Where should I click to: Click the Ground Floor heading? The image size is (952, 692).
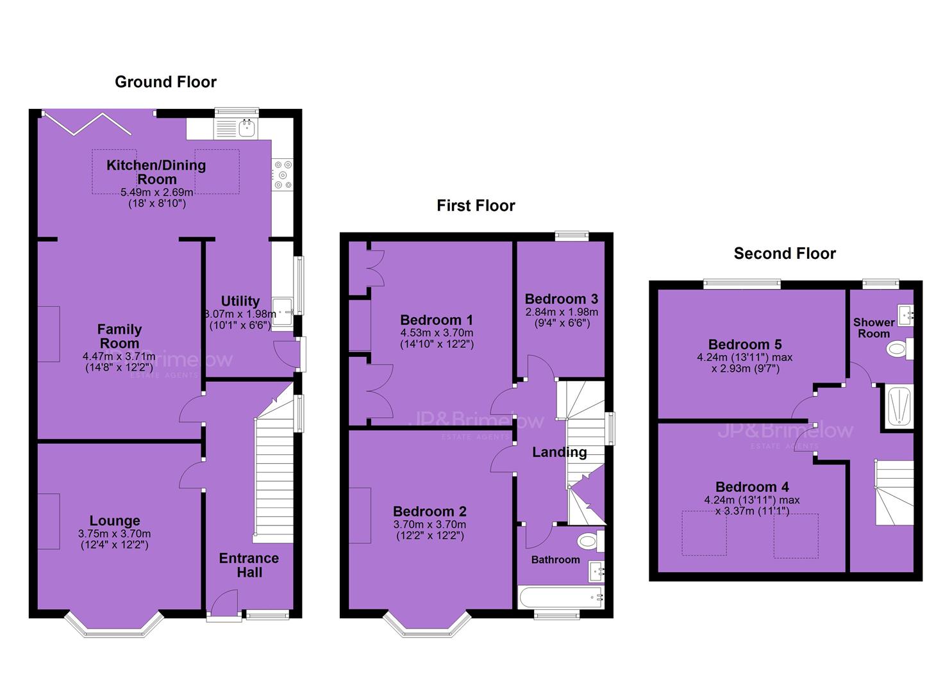click(166, 82)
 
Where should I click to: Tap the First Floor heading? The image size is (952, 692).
click(476, 206)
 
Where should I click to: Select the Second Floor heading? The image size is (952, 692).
click(785, 254)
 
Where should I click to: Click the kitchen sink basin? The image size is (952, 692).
click(247, 128)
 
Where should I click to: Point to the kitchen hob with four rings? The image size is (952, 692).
click(283, 174)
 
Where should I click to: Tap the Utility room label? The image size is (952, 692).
click(240, 301)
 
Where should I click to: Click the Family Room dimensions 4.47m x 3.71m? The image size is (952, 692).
click(119, 356)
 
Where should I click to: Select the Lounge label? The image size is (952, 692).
click(115, 521)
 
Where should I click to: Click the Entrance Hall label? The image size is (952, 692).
click(249, 565)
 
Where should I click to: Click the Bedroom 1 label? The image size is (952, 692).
click(437, 320)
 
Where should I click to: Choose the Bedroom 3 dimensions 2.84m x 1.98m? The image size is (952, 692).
click(562, 312)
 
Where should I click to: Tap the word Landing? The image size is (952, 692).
click(559, 452)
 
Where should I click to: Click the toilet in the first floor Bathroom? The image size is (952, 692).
click(590, 541)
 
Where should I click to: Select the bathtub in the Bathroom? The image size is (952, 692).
click(561, 597)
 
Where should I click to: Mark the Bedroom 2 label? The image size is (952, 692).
click(430, 511)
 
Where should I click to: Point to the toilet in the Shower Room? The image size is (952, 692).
click(899, 349)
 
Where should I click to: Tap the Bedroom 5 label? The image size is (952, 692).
click(745, 345)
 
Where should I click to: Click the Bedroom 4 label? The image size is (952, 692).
click(752, 487)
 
